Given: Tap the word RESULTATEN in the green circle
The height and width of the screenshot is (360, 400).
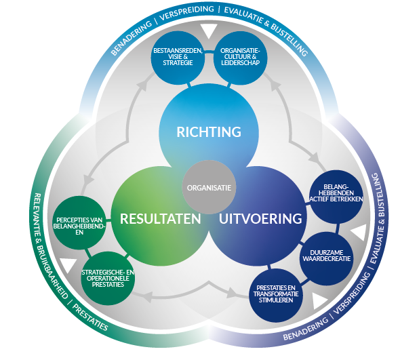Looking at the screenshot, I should [160, 219].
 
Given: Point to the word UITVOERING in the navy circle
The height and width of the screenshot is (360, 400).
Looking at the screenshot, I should [260, 219].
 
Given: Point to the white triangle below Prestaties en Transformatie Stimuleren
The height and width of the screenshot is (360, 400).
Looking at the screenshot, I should [319, 301].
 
